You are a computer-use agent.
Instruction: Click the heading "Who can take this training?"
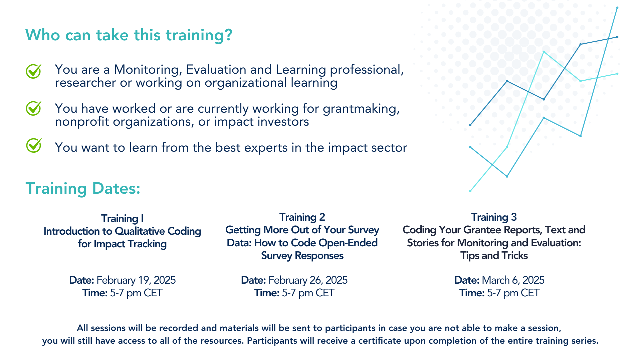pyautogui.click(x=129, y=35)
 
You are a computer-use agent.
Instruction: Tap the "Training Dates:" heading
pyautogui.click(x=83, y=189)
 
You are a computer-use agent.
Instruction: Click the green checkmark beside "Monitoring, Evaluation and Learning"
pyautogui.click(x=34, y=71)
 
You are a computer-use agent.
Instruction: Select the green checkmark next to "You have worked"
pyautogui.click(x=34, y=109)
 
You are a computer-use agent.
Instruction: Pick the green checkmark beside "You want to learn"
pyautogui.click(x=34, y=146)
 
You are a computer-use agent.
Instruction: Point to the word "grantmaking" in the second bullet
pyautogui.click(x=361, y=109)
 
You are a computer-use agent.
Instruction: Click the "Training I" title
pyautogui.click(x=123, y=218)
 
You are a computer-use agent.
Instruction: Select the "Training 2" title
pyautogui.click(x=302, y=217)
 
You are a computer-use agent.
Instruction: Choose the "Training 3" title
pyautogui.click(x=494, y=217)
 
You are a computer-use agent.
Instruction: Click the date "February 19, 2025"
pyautogui.click(x=136, y=280)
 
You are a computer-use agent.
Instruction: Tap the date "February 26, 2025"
pyautogui.click(x=308, y=280)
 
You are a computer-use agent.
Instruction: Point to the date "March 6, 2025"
pyautogui.click(x=513, y=280)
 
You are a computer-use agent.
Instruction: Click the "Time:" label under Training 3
pyautogui.click(x=472, y=293)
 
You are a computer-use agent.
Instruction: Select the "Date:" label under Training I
pyautogui.click(x=81, y=280)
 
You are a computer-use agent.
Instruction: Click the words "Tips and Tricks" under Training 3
pyautogui.click(x=494, y=256)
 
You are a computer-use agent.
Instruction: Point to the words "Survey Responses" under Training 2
pyautogui.click(x=302, y=256)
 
